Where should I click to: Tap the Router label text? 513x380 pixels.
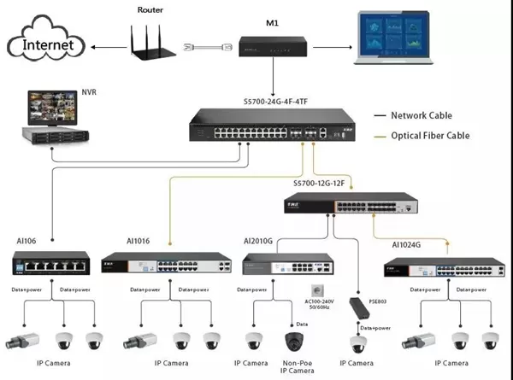tap(150, 9)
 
